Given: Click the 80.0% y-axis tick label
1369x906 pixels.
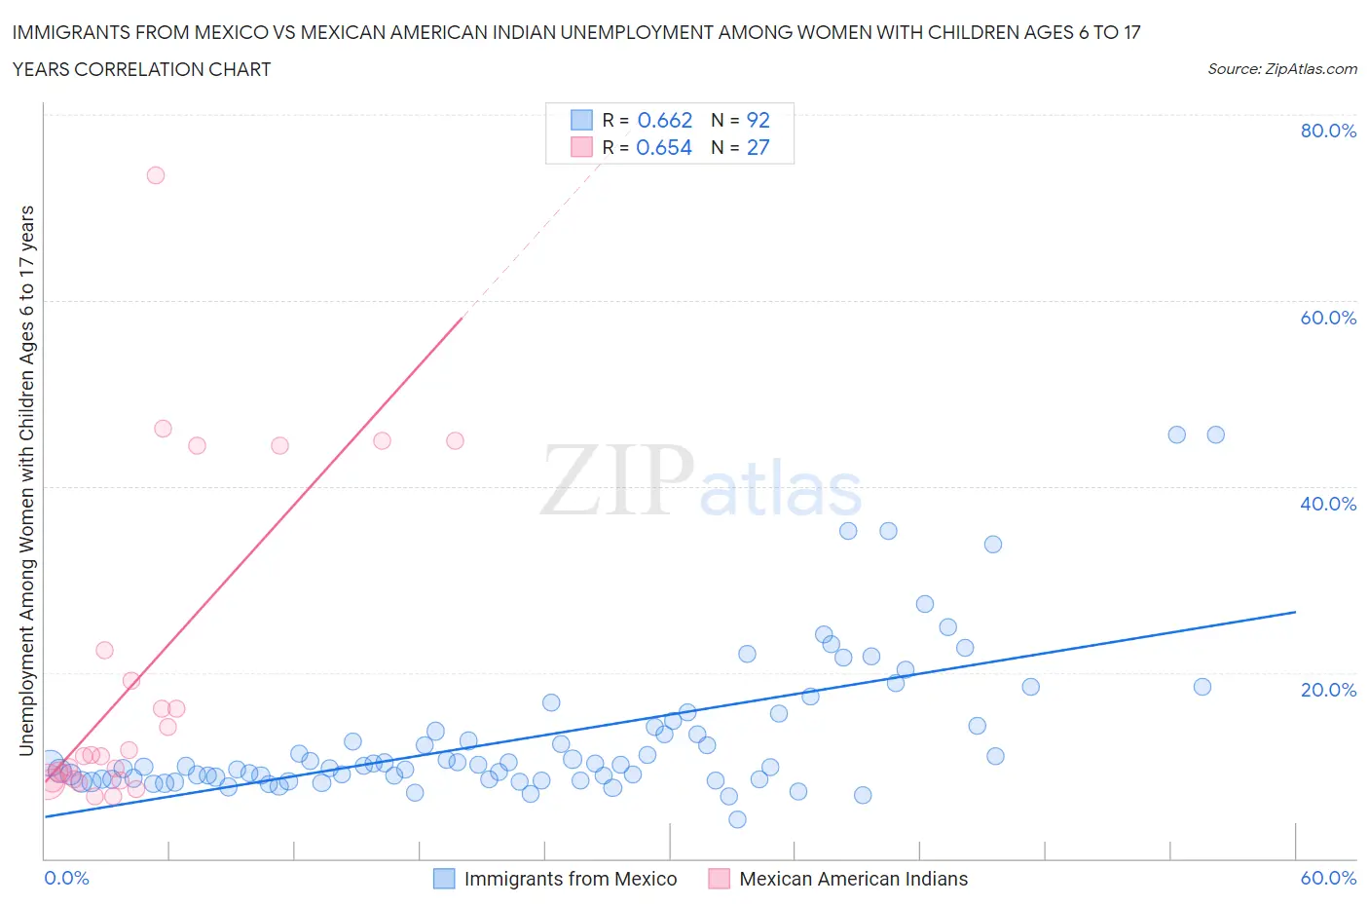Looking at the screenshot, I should pos(1328,131).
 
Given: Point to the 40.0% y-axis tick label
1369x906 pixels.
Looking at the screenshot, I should pos(1328,504).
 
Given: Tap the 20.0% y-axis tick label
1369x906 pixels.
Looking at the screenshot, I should pos(1328,690).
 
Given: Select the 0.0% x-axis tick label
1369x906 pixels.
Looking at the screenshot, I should pos(67,878).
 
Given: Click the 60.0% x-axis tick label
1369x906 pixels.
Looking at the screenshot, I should pos(1328,878).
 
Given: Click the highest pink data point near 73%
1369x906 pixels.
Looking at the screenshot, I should pos(156,175).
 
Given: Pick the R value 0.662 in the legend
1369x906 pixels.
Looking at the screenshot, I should pos(665,120).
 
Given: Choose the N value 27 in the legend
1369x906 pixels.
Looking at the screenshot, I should pos(758,147).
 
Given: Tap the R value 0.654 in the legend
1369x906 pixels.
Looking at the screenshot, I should pos(664,147).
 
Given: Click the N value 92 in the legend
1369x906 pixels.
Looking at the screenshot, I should pos(758,120).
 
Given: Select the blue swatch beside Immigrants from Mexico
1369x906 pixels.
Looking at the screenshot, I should pos(444,879).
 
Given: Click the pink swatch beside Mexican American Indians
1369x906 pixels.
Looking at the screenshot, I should pos(720,879).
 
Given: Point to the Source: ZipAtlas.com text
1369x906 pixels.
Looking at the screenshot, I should pos(1281,68).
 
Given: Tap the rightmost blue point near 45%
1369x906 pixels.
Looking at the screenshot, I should pos(1215,434).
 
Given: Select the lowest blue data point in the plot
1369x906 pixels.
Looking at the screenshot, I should pos(737,819).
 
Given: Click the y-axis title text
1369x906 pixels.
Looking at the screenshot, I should pos(26,480).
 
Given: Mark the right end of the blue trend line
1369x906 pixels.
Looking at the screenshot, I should pos(1295,612).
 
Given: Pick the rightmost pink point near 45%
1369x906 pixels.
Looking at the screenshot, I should pos(455,440).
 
